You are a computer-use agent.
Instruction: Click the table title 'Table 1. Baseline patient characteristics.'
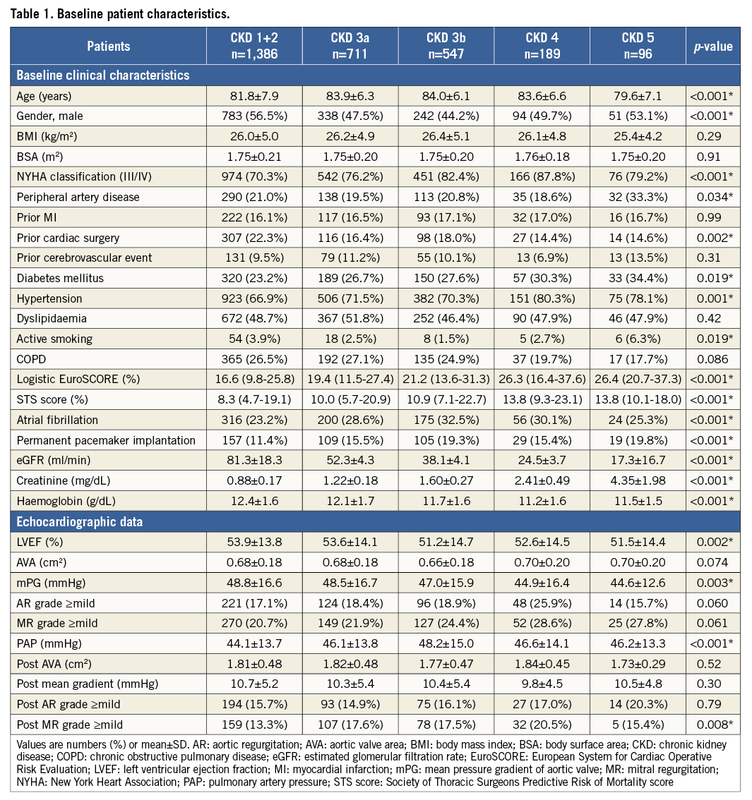(x=120, y=13)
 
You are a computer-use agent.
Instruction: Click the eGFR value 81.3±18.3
(x=253, y=461)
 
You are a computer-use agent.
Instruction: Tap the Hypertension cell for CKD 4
(x=542, y=298)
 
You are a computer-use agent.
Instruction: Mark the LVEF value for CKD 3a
(x=350, y=541)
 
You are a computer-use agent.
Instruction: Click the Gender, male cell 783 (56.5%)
(x=253, y=116)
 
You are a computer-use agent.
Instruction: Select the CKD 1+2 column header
(x=253, y=46)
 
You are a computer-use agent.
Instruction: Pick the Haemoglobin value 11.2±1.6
(x=542, y=501)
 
